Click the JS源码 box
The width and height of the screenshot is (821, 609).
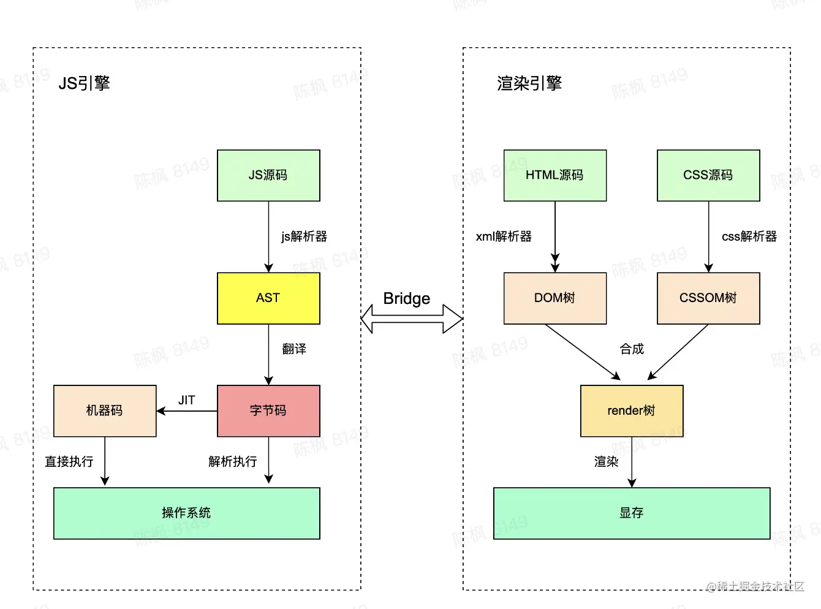click(x=268, y=175)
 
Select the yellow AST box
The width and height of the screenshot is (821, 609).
click(x=268, y=298)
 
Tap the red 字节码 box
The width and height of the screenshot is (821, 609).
click(x=268, y=410)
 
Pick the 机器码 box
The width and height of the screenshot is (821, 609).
click(x=105, y=410)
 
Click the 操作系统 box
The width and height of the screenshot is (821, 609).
click(x=186, y=513)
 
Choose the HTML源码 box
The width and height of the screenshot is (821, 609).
click(x=555, y=175)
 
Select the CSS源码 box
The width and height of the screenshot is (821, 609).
click(x=708, y=175)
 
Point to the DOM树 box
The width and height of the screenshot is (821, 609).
click(x=555, y=298)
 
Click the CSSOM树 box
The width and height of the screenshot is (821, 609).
click(x=708, y=298)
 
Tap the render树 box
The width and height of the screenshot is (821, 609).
click(x=632, y=410)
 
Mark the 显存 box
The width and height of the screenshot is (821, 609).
click(x=632, y=513)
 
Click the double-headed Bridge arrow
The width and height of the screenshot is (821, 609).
click(x=412, y=319)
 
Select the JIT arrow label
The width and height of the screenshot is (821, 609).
click(x=186, y=400)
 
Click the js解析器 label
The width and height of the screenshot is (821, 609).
click(x=304, y=236)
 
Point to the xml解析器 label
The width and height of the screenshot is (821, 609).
click(x=504, y=236)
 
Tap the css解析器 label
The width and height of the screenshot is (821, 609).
click(x=749, y=236)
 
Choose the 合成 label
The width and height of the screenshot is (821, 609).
click(x=632, y=349)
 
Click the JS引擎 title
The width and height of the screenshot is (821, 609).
click(x=84, y=83)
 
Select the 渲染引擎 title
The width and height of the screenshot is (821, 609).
click(x=529, y=83)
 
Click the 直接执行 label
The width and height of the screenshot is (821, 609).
click(x=69, y=461)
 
